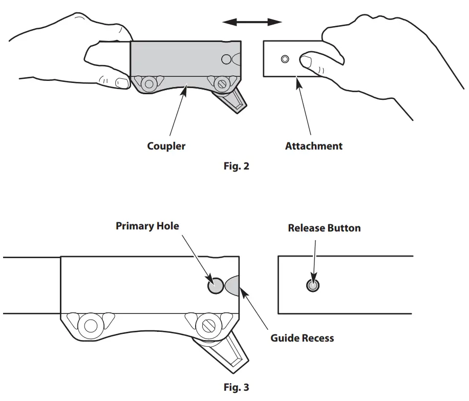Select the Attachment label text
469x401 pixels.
tap(313, 146)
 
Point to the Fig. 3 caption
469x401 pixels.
tap(236, 387)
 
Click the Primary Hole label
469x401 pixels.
tap(147, 226)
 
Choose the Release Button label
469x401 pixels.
tap(324, 228)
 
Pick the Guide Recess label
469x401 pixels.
tap(302, 338)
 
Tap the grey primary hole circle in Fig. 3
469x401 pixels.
tap(215, 285)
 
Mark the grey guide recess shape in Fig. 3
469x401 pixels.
tap(231, 285)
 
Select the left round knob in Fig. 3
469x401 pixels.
tap(92, 325)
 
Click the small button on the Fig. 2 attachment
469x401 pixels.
tap(285, 59)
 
